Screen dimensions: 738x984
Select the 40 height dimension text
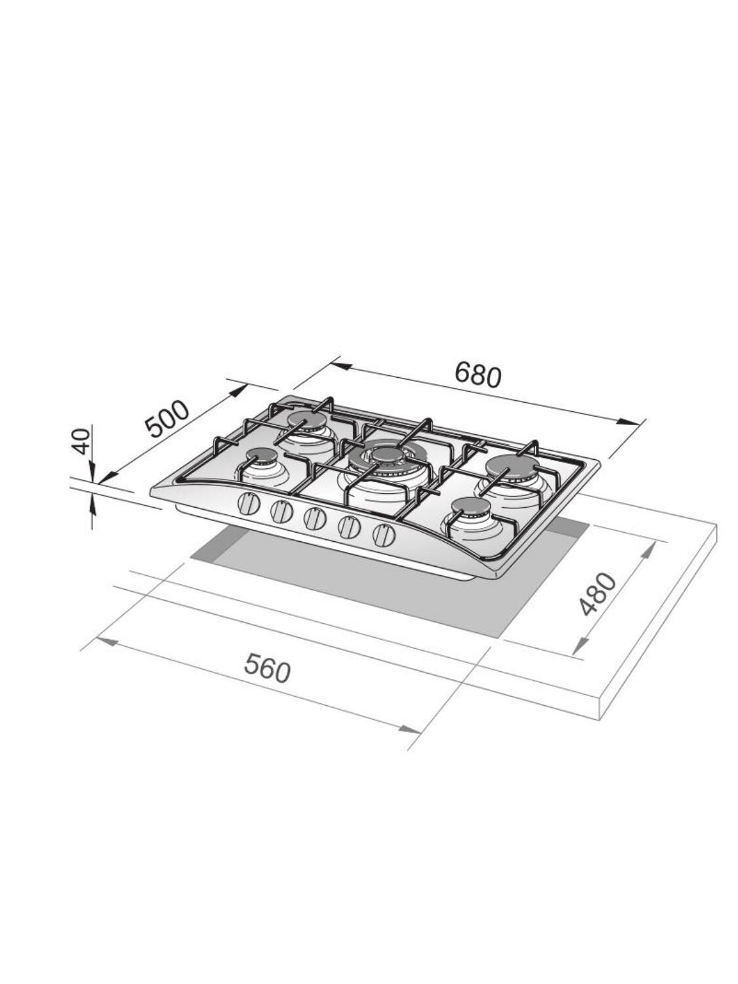tap(82, 441)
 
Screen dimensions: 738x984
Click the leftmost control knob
tap(248, 504)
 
